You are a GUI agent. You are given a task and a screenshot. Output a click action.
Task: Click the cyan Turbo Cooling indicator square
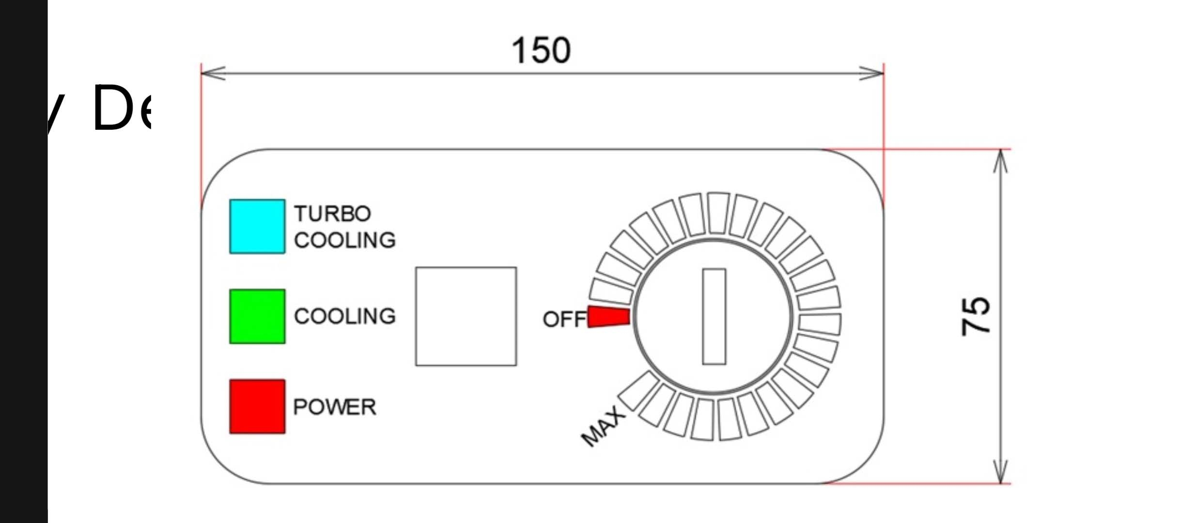click(257, 226)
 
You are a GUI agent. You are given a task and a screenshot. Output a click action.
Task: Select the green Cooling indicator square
click(257, 316)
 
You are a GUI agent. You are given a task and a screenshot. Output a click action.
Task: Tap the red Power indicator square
click(257, 406)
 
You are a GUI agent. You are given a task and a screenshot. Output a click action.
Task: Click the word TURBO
click(332, 214)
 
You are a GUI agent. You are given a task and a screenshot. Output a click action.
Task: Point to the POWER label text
click(334, 407)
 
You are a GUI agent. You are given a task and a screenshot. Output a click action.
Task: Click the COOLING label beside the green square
click(345, 316)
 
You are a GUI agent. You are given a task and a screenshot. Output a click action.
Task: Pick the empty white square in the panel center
click(466, 316)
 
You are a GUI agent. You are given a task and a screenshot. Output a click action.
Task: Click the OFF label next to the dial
click(564, 319)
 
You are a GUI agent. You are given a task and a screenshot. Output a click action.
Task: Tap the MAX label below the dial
click(603, 426)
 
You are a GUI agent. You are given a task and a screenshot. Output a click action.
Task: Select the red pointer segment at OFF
click(609, 317)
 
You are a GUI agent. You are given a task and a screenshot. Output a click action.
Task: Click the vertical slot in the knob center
click(714, 316)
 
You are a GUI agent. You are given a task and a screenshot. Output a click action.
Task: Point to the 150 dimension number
click(541, 50)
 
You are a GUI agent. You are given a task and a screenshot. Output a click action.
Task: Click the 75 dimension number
click(976, 316)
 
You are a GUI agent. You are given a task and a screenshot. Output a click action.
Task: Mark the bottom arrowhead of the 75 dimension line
click(1001, 471)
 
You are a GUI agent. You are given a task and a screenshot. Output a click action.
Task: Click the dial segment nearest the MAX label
click(638, 390)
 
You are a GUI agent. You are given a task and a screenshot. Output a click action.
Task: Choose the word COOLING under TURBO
click(345, 240)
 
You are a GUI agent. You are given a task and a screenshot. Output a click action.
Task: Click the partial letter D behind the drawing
click(112, 108)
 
